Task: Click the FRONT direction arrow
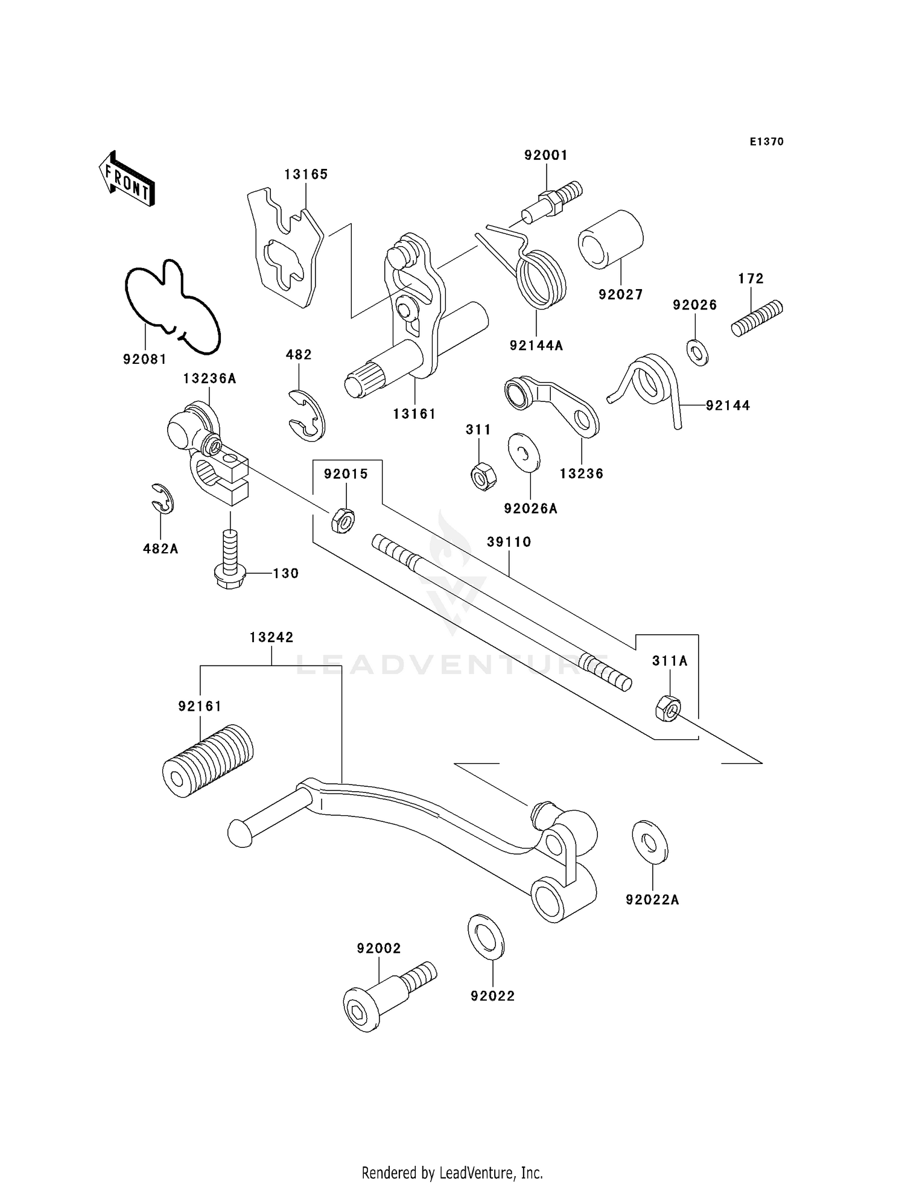[x=127, y=179]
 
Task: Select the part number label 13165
[x=306, y=174]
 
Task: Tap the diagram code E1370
[x=766, y=142]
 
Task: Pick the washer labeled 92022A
[x=650, y=841]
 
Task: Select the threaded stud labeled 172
[x=757, y=318]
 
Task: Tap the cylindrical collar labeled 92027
[x=611, y=240]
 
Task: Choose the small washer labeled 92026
[x=697, y=352]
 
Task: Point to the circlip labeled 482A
[x=163, y=498]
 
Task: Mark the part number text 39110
[x=509, y=542]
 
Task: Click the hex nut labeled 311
[x=483, y=476]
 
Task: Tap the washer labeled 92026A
[x=524, y=451]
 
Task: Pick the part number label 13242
[x=271, y=637]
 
